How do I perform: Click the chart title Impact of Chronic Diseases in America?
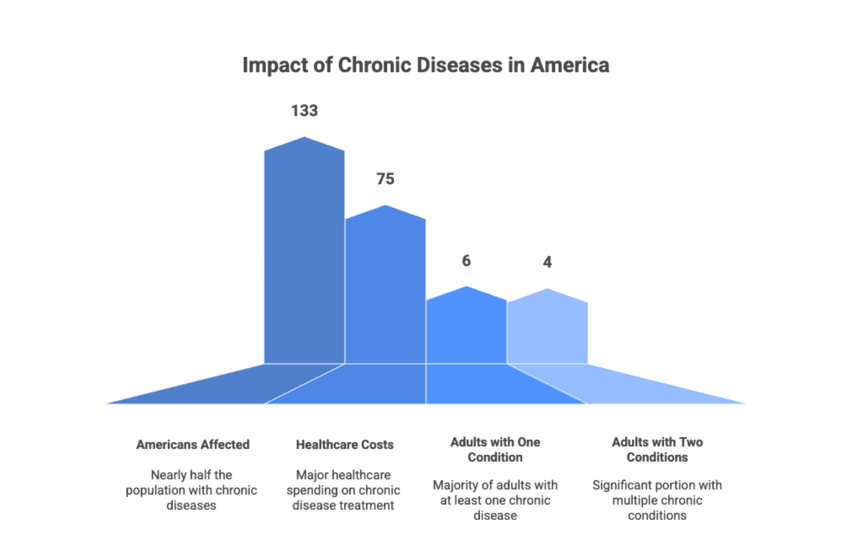[x=426, y=65]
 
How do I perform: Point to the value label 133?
[x=305, y=110]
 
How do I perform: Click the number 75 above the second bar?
[x=385, y=179]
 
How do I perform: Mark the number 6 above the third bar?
[x=466, y=260]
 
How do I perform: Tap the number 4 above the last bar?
[x=547, y=262]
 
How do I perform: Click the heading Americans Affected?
[x=193, y=445]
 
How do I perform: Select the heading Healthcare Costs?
[x=345, y=445]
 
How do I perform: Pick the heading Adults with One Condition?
[x=495, y=450]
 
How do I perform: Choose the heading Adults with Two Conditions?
[x=657, y=450]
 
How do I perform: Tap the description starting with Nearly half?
[x=191, y=490]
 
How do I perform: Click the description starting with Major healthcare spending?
[x=343, y=490]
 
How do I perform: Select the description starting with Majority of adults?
[x=495, y=500]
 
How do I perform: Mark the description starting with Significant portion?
[x=657, y=500]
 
